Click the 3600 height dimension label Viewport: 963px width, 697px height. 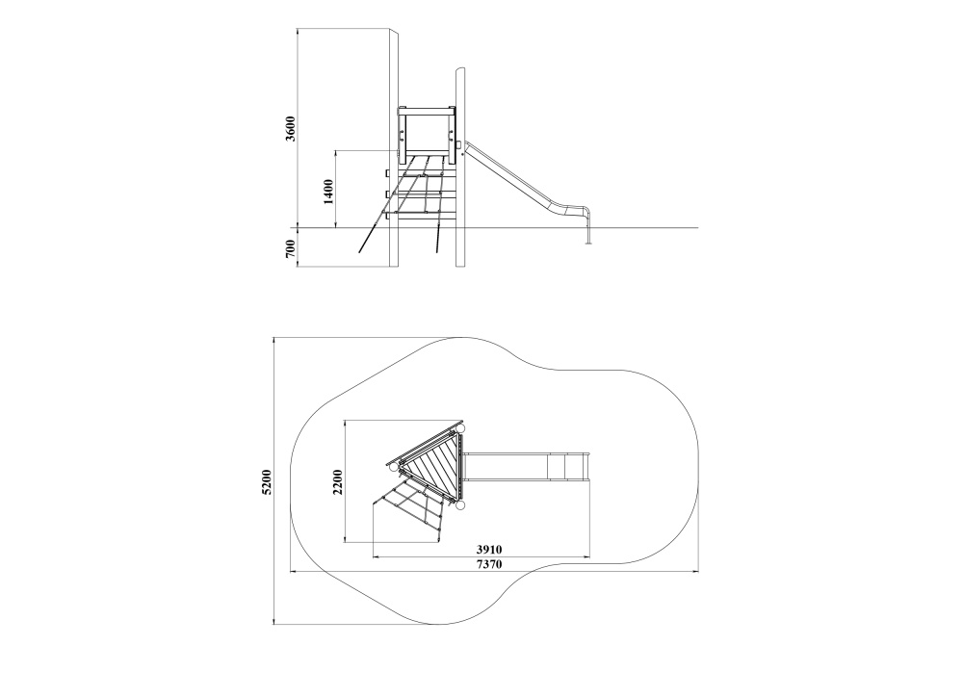[x=291, y=128]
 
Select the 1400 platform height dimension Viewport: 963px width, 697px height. [x=328, y=192]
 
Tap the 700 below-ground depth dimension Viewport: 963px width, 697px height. [x=291, y=248]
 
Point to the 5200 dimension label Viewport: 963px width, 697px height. [x=267, y=481]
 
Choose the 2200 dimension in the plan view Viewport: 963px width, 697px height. [x=338, y=481]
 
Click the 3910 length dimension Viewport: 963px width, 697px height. [x=489, y=550]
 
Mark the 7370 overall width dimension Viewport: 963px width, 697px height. [x=489, y=564]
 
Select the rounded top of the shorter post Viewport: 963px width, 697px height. [x=460, y=70]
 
